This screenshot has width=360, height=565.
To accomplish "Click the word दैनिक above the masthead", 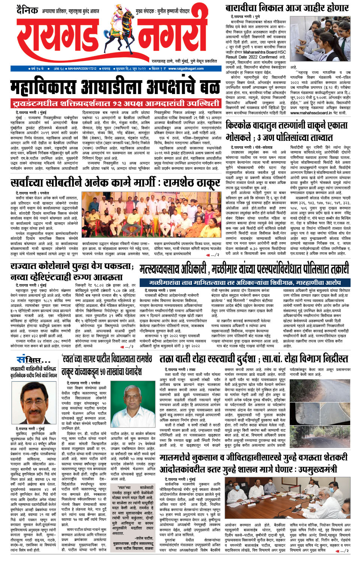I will [x=27, y=10].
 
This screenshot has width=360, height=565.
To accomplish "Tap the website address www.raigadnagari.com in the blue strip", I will [x=186, y=69].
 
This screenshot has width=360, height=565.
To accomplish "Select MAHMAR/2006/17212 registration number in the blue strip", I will [x=82, y=69].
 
